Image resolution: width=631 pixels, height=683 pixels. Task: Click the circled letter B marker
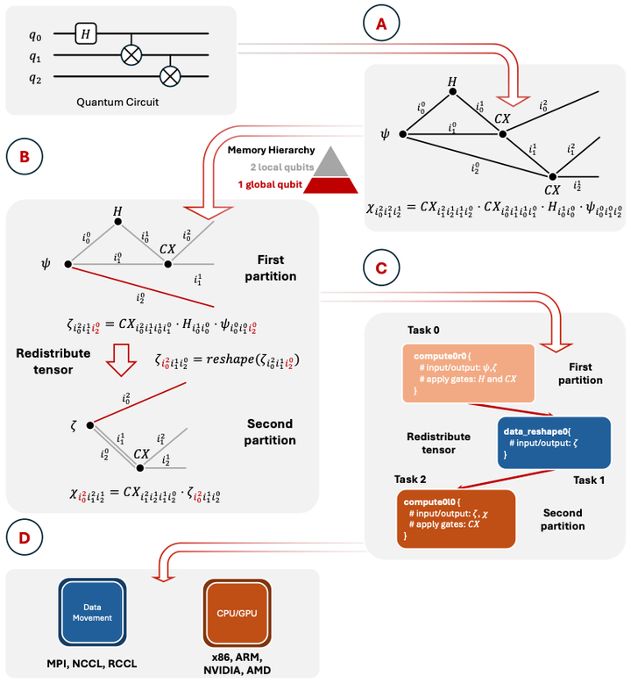pyautogui.click(x=24, y=158)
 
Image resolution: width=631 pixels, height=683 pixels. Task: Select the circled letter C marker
pyautogui.click(x=381, y=268)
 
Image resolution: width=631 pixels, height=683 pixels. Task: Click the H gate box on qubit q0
pyautogui.click(x=85, y=33)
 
